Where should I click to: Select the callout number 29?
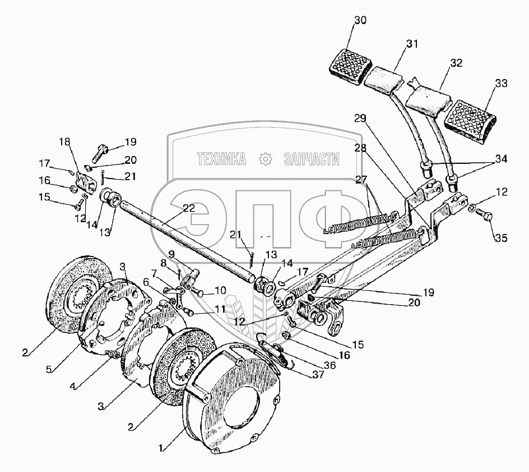(x=360, y=119)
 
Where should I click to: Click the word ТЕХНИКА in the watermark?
(x=221, y=160)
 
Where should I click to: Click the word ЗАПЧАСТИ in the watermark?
(x=312, y=160)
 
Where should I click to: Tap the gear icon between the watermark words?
(x=265, y=160)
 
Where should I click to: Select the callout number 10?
(x=220, y=291)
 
